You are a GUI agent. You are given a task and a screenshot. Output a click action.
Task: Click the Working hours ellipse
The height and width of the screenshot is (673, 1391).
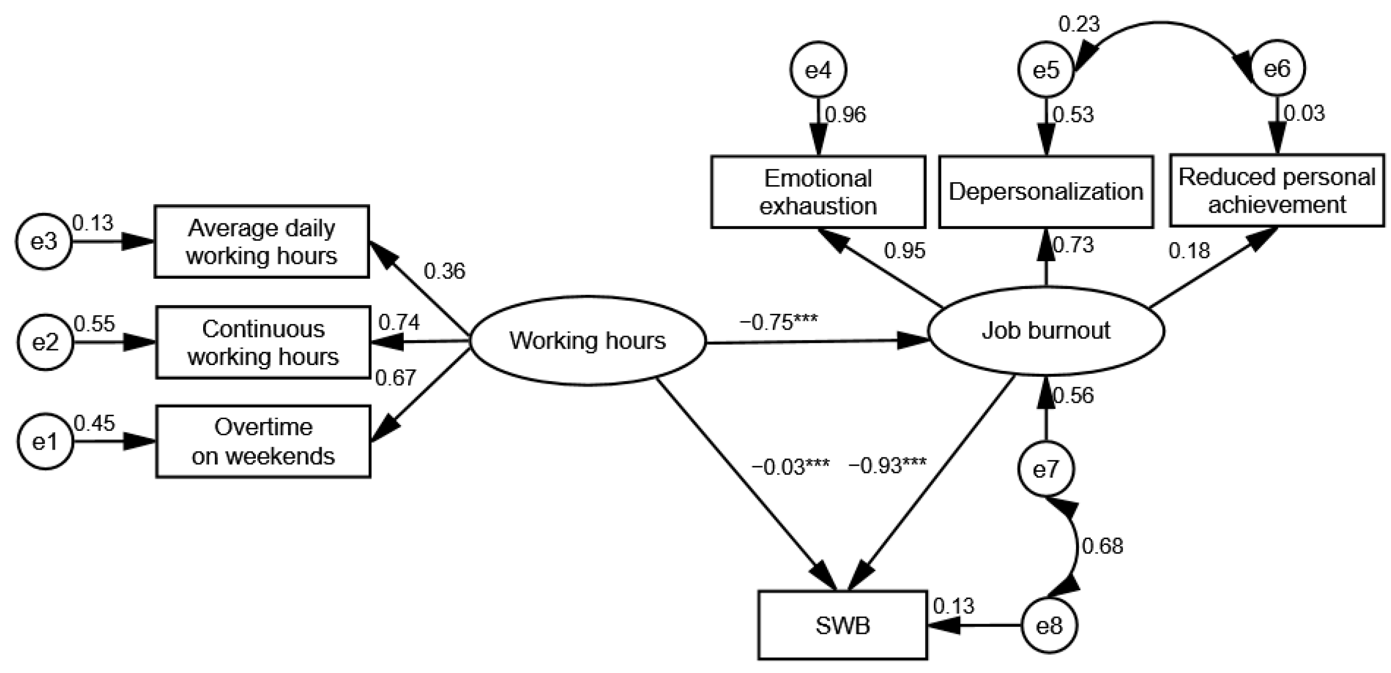(588, 340)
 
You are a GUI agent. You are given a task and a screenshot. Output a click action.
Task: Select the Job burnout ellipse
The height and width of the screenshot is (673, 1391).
(1046, 330)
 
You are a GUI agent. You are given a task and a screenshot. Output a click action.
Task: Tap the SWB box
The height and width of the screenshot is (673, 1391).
(843, 626)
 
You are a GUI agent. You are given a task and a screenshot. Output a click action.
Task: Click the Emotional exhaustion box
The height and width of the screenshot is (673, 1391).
(818, 192)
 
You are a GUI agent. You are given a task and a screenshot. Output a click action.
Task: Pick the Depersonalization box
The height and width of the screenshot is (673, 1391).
(1046, 191)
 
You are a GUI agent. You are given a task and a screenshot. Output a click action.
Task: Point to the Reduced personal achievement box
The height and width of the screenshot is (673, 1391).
(1277, 190)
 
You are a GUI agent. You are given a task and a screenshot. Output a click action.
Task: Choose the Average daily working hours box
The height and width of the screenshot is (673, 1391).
(262, 242)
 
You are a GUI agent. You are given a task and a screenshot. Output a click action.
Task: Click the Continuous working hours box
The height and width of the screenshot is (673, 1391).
(263, 343)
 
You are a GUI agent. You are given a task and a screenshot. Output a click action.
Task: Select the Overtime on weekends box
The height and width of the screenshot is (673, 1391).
(263, 441)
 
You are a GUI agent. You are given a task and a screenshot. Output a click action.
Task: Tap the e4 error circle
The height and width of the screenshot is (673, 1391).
(818, 70)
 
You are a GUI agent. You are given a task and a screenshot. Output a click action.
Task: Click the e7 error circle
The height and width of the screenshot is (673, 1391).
(1046, 469)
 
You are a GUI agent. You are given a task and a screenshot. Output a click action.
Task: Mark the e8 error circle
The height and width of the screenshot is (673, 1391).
(1049, 626)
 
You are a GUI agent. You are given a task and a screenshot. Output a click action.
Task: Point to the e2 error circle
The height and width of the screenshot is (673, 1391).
(45, 342)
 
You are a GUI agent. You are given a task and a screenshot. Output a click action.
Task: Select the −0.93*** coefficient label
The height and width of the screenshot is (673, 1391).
(888, 465)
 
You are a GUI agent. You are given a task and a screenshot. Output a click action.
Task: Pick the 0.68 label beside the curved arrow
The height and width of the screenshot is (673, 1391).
(1103, 546)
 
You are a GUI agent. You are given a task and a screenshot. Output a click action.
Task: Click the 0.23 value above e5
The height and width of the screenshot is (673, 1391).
(1080, 24)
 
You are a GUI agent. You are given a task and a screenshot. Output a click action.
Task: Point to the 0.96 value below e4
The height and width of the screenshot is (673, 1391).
(845, 115)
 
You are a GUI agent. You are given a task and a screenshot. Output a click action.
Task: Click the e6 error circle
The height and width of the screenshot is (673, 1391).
(1277, 69)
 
